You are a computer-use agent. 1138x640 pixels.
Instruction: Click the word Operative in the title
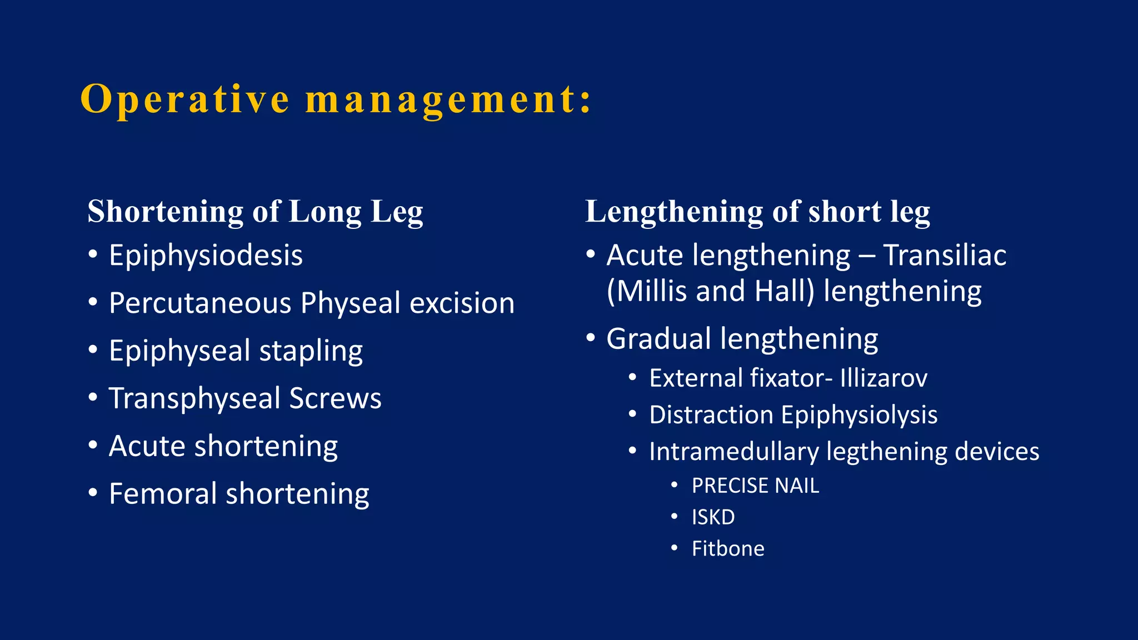pos(185,100)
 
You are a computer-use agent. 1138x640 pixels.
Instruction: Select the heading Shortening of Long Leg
pos(255,212)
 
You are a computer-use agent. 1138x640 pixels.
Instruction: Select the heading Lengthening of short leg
pos(757,212)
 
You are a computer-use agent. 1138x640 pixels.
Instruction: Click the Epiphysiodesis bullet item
pos(206,256)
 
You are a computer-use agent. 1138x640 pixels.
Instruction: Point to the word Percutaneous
pos(200,303)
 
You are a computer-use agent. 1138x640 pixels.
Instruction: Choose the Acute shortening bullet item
pos(223,446)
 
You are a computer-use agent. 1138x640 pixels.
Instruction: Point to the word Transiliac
pos(945,256)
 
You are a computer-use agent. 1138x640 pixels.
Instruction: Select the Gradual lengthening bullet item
pos(742,339)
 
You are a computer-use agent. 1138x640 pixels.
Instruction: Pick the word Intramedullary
pos(733,452)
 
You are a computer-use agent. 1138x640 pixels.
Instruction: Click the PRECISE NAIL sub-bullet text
pos(755,486)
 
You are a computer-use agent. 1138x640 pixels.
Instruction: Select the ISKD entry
pos(713,518)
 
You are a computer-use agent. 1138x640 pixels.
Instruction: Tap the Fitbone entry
pos(728,549)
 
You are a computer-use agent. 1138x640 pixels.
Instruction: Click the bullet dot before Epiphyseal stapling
pos(93,350)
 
